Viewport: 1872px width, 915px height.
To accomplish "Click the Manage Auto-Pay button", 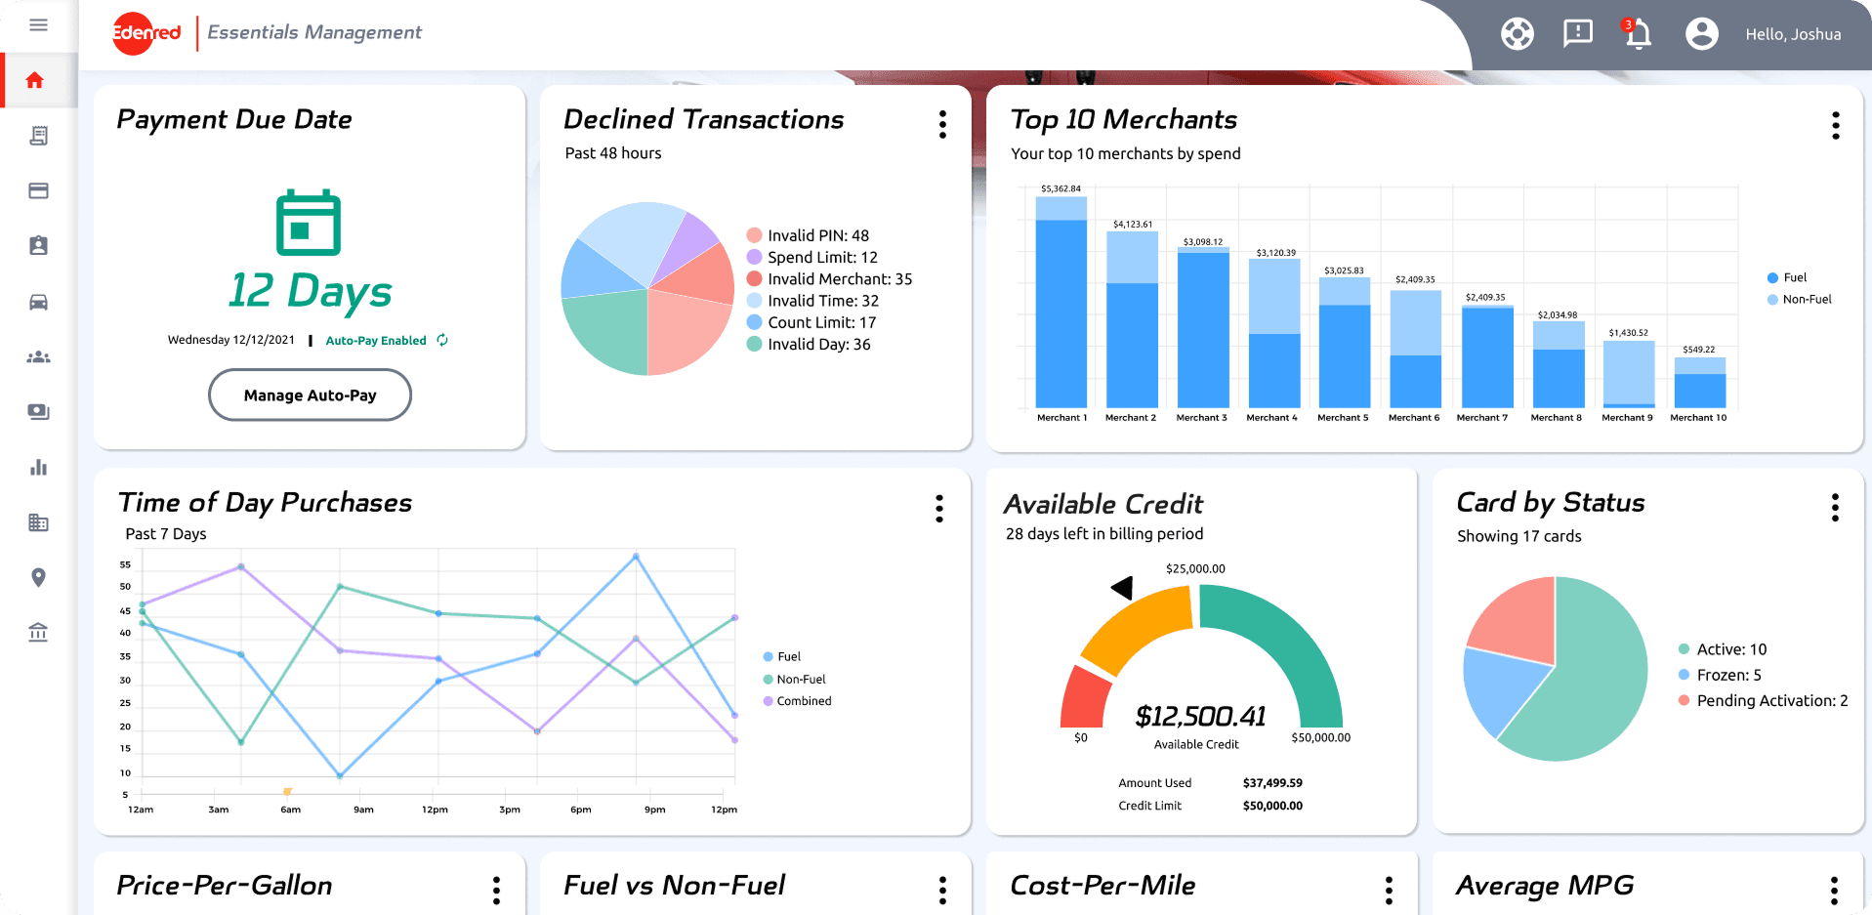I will [x=310, y=395].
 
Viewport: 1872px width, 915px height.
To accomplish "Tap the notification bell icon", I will [x=1638, y=34].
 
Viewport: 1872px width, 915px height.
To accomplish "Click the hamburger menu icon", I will [x=38, y=25].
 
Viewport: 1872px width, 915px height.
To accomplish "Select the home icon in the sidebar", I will [x=35, y=80].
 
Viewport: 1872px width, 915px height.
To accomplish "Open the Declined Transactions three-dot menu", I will [x=942, y=124].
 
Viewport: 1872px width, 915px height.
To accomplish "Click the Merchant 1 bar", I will [x=1061, y=303].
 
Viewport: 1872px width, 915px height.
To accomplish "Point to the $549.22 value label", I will [x=1698, y=350].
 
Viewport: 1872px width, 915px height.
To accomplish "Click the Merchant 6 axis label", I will [x=1414, y=418].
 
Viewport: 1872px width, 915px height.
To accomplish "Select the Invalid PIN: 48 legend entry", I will [x=817, y=235].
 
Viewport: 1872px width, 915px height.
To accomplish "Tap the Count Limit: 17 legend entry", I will [x=821, y=322].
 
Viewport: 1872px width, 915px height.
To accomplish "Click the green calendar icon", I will [x=309, y=223].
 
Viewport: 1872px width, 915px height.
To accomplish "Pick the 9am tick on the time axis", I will [x=363, y=810].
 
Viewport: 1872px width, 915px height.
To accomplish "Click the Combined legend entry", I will [x=804, y=701].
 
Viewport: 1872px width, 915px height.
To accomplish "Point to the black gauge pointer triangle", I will [x=1123, y=587].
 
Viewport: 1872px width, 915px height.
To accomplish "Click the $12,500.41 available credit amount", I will [x=1200, y=717].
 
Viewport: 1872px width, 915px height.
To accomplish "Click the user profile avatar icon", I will [x=1701, y=34].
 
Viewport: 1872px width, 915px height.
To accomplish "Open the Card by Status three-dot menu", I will [x=1835, y=508].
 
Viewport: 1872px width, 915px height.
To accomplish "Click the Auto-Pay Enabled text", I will [x=376, y=341].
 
